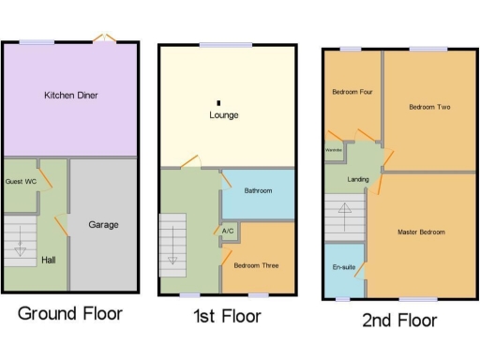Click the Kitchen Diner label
point(71,96)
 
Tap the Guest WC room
point(21,181)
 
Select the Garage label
point(103,225)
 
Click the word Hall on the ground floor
point(50,261)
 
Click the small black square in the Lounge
point(219,102)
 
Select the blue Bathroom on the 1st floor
point(258,191)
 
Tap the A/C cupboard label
point(229,231)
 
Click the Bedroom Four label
point(352,92)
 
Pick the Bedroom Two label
point(429,108)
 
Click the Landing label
point(358,179)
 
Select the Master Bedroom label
point(421,232)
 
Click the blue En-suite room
point(343,267)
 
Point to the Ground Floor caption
point(70,313)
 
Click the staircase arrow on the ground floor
point(21,250)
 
